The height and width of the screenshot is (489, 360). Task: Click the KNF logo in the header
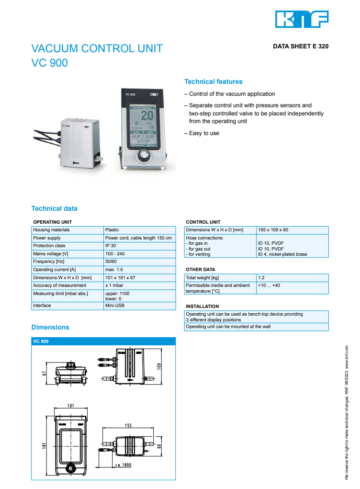(x=302, y=19)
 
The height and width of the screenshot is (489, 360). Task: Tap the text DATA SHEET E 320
(x=301, y=47)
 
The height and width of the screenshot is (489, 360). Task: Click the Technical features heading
(x=214, y=81)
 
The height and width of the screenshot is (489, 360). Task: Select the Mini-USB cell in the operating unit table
(x=115, y=306)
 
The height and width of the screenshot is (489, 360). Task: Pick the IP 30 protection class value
(x=111, y=246)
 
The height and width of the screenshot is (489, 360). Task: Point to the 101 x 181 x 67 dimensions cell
(x=120, y=278)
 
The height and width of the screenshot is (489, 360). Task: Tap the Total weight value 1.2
(x=261, y=278)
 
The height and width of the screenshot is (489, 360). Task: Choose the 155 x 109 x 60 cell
(x=273, y=230)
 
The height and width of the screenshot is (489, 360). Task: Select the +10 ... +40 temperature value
(x=269, y=285)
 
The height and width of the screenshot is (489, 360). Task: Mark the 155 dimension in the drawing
(x=128, y=425)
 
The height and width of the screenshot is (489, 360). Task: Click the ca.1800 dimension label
(x=124, y=465)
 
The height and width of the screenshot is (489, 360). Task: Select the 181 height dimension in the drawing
(x=44, y=447)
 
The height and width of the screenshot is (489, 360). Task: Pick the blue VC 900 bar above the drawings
(x=103, y=341)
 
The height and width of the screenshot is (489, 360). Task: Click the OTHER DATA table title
(x=201, y=270)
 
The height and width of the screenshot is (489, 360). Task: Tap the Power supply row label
(x=47, y=238)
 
